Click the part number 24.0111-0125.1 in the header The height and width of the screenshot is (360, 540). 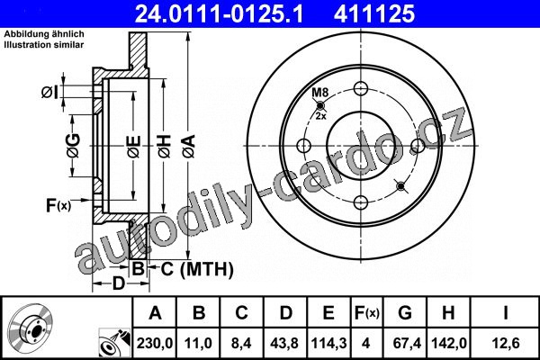click(x=220, y=13)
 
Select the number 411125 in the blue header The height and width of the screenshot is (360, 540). click(x=374, y=13)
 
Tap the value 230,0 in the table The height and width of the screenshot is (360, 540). click(x=155, y=343)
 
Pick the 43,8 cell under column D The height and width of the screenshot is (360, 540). click(x=284, y=343)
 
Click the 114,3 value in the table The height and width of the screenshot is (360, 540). click(x=328, y=343)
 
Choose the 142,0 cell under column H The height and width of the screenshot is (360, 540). click(x=449, y=343)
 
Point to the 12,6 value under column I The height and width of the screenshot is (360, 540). click(x=506, y=343)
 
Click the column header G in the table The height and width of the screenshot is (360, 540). click(x=405, y=313)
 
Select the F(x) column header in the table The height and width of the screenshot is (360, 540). click(x=367, y=313)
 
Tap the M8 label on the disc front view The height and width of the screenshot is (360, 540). click(x=320, y=93)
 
